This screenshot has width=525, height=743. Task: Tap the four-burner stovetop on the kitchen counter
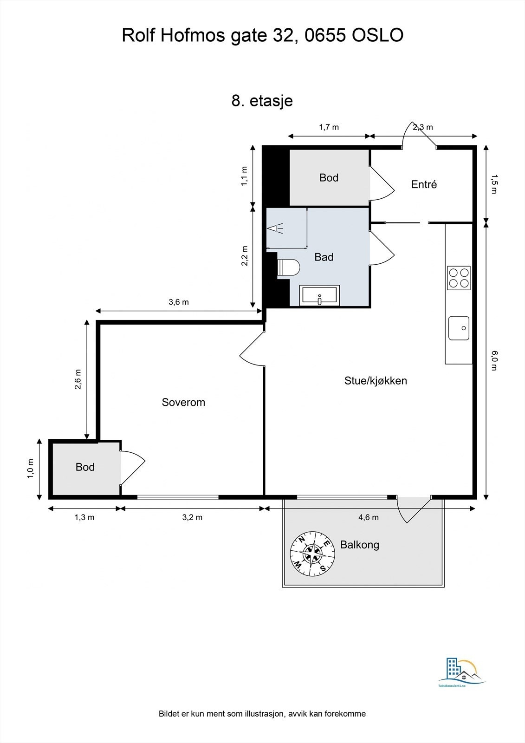click(x=459, y=278)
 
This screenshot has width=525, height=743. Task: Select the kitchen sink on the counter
click(x=459, y=328)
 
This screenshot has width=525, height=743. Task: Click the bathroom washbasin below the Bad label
click(x=320, y=296)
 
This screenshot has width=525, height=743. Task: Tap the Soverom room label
click(x=183, y=402)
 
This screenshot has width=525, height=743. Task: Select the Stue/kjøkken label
click(x=376, y=381)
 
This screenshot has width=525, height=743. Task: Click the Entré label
click(x=424, y=184)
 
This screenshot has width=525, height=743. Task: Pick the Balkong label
click(x=360, y=545)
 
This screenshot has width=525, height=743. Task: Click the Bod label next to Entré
click(x=329, y=177)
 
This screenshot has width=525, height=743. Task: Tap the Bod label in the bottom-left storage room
click(x=85, y=467)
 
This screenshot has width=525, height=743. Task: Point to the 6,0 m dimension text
click(x=494, y=360)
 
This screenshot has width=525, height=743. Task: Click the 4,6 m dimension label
click(x=369, y=517)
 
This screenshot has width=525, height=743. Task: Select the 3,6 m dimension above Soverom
click(x=178, y=302)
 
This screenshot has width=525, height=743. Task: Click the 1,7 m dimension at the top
click(x=329, y=127)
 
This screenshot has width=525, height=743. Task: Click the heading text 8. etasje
click(x=262, y=100)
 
